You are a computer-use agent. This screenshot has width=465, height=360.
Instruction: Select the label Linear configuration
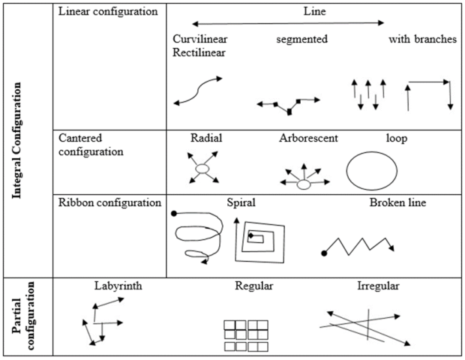tap(108, 12)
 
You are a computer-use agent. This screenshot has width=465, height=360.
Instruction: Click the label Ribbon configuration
tap(109, 202)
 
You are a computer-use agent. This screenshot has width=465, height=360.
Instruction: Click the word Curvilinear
tap(200, 40)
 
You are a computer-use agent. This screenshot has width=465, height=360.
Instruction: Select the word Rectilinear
tap(199, 52)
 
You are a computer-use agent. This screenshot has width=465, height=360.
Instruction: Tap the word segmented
tap(301, 40)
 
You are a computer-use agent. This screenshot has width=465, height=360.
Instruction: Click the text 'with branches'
tap(422, 40)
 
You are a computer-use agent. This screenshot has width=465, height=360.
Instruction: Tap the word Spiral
tap(241, 202)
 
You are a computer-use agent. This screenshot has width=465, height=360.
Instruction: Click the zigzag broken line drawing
tap(357, 244)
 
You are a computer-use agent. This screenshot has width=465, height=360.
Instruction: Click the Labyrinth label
tap(118, 286)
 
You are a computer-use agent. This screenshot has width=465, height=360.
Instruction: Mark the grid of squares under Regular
tap(246, 335)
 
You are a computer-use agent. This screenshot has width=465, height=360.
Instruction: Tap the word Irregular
tap(379, 286)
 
